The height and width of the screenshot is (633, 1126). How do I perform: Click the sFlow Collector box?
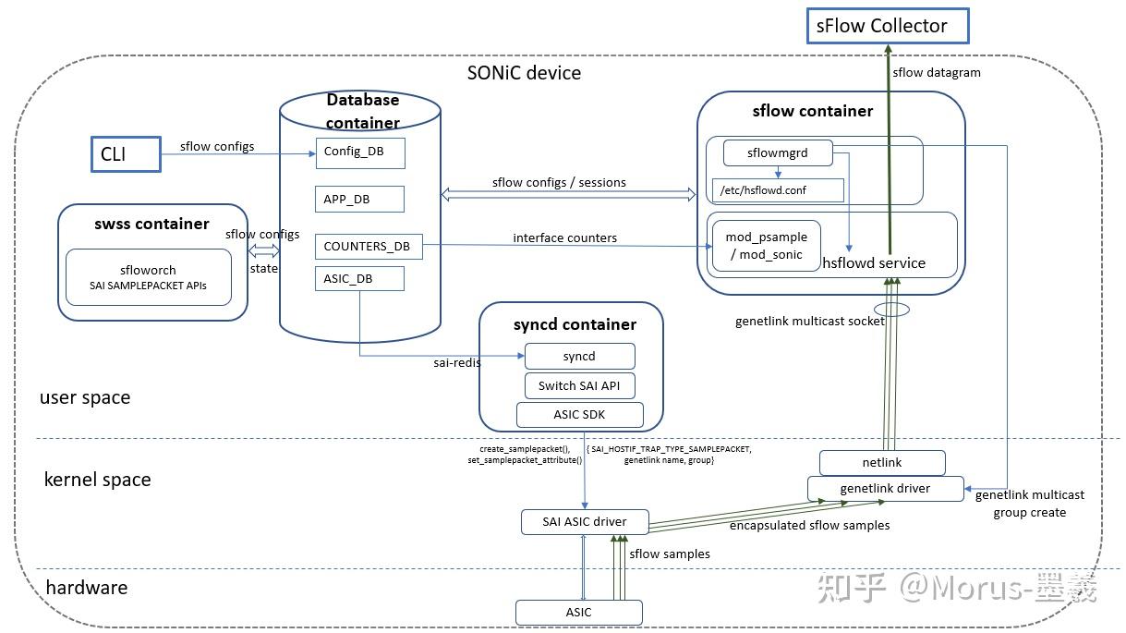[x=888, y=26]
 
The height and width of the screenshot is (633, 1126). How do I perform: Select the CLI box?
[x=125, y=154]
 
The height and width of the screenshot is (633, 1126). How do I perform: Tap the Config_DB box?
[x=360, y=152]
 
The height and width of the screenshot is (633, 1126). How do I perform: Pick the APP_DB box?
[x=360, y=199]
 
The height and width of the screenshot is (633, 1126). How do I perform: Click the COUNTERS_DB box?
[x=368, y=247]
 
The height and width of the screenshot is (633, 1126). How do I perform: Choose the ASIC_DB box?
[x=360, y=278]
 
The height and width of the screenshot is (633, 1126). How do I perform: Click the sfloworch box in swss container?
[x=148, y=277]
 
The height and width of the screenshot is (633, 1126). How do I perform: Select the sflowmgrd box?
[x=777, y=152]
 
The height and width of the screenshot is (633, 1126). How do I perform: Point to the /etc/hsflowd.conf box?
[x=778, y=191]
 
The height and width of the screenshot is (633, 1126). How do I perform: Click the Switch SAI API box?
[x=579, y=385]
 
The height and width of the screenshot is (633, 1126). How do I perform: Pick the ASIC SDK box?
[x=579, y=414]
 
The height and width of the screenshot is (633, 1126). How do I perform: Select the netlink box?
[x=882, y=462]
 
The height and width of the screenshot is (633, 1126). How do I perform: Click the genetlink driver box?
[x=885, y=488]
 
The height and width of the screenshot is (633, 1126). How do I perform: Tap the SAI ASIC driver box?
[x=584, y=521]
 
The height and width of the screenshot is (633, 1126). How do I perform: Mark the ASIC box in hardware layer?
[x=578, y=612]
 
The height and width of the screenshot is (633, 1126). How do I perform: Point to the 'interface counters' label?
[x=564, y=237]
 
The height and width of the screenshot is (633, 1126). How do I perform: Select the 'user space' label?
[x=85, y=398]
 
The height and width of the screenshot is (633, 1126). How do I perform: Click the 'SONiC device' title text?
[x=524, y=73]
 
